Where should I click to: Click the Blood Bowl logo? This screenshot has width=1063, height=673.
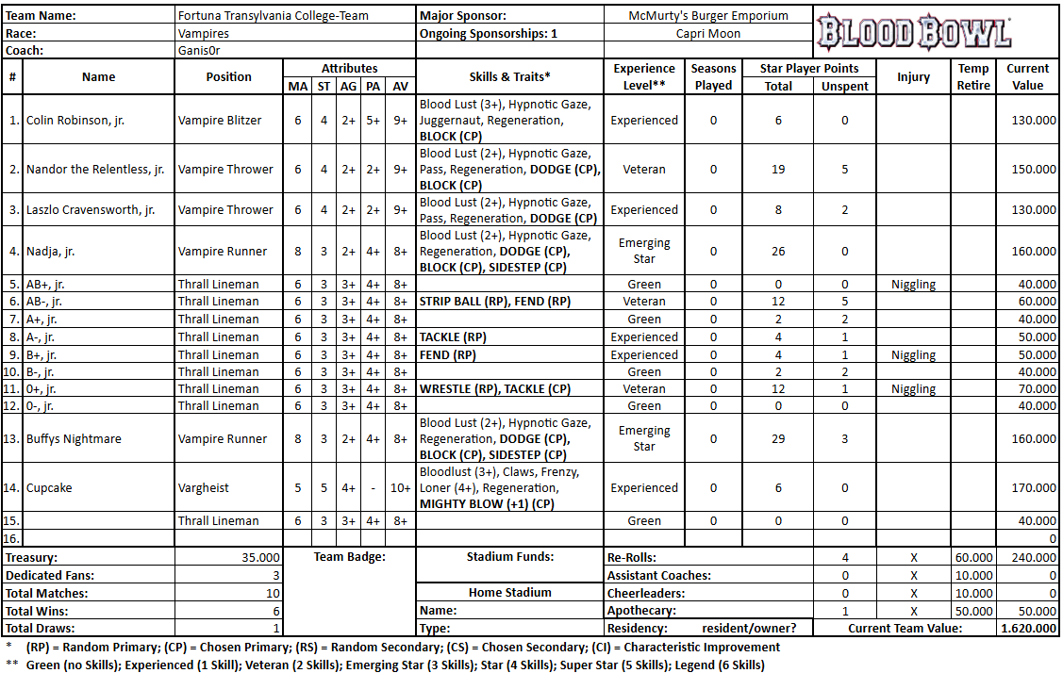click(x=913, y=32)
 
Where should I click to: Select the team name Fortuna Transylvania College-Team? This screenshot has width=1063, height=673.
click(x=274, y=16)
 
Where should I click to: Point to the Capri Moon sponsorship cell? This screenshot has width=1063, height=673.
click(x=708, y=34)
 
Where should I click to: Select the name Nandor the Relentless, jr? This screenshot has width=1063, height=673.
click(x=95, y=170)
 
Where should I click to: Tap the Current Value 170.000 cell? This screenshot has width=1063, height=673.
click(x=1031, y=488)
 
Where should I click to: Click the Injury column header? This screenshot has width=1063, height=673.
click(x=913, y=77)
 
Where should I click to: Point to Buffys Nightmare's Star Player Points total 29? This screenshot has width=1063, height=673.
click(x=778, y=439)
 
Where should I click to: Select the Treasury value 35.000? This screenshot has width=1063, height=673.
click(x=261, y=558)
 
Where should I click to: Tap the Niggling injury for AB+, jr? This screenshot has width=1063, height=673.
click(x=913, y=285)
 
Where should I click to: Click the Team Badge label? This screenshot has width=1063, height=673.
click(x=349, y=558)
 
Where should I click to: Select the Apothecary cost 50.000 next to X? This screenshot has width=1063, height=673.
click(x=974, y=612)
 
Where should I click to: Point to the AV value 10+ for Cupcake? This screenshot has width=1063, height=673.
click(x=401, y=488)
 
